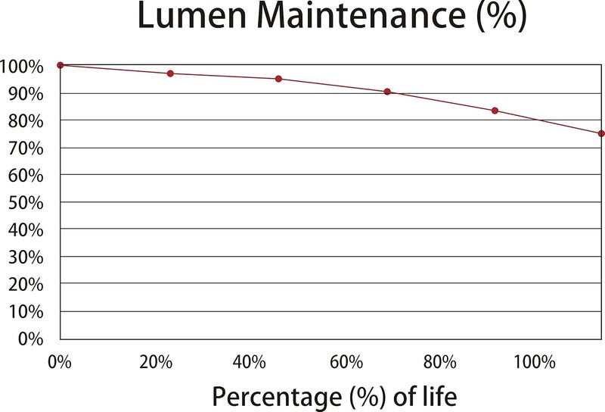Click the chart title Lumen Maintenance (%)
(x=332, y=15)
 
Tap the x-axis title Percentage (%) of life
(x=334, y=397)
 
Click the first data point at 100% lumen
(x=60, y=65)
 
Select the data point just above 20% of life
(x=170, y=73)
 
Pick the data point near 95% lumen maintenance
(x=278, y=79)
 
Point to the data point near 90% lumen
(x=387, y=92)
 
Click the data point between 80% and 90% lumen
(x=495, y=111)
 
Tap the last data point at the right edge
(x=601, y=134)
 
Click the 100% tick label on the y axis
(x=22, y=67)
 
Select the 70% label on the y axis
(x=26, y=148)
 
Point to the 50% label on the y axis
(x=26, y=202)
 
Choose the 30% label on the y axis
(x=26, y=257)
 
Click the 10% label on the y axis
(x=26, y=311)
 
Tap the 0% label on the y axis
(x=30, y=339)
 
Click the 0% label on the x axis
(x=60, y=362)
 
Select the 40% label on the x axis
(x=249, y=362)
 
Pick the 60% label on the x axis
(x=346, y=362)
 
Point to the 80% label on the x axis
(x=439, y=362)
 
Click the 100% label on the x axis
(x=535, y=362)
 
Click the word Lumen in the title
(x=192, y=15)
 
